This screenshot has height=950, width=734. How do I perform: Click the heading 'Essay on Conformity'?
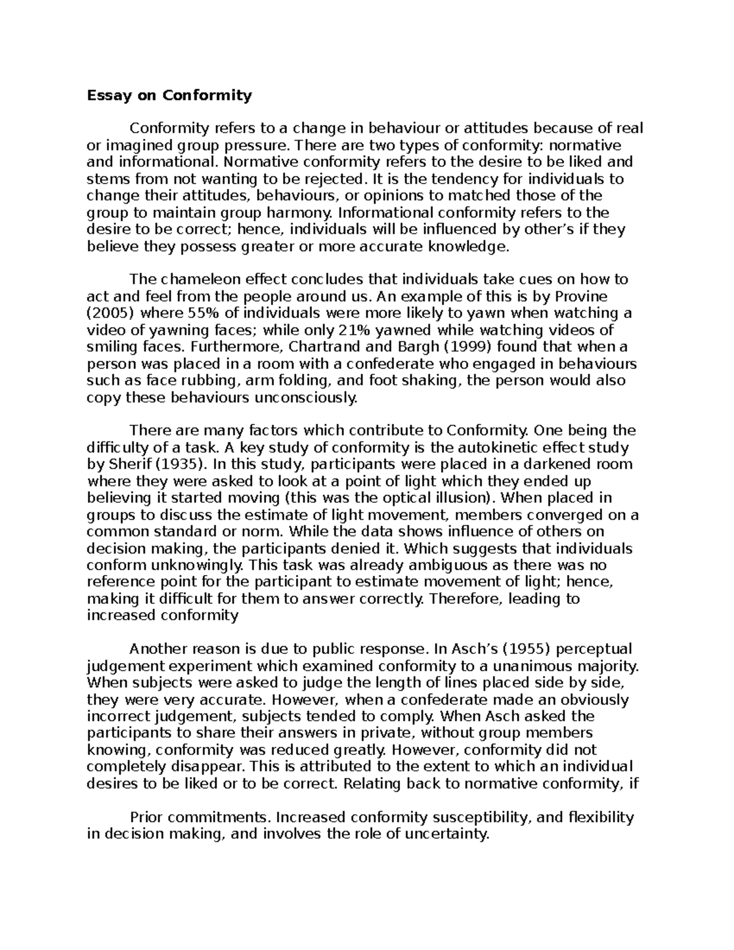coord(169,95)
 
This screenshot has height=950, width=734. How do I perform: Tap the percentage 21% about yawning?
coord(355,330)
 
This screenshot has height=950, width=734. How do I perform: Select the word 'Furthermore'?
coord(226,347)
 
